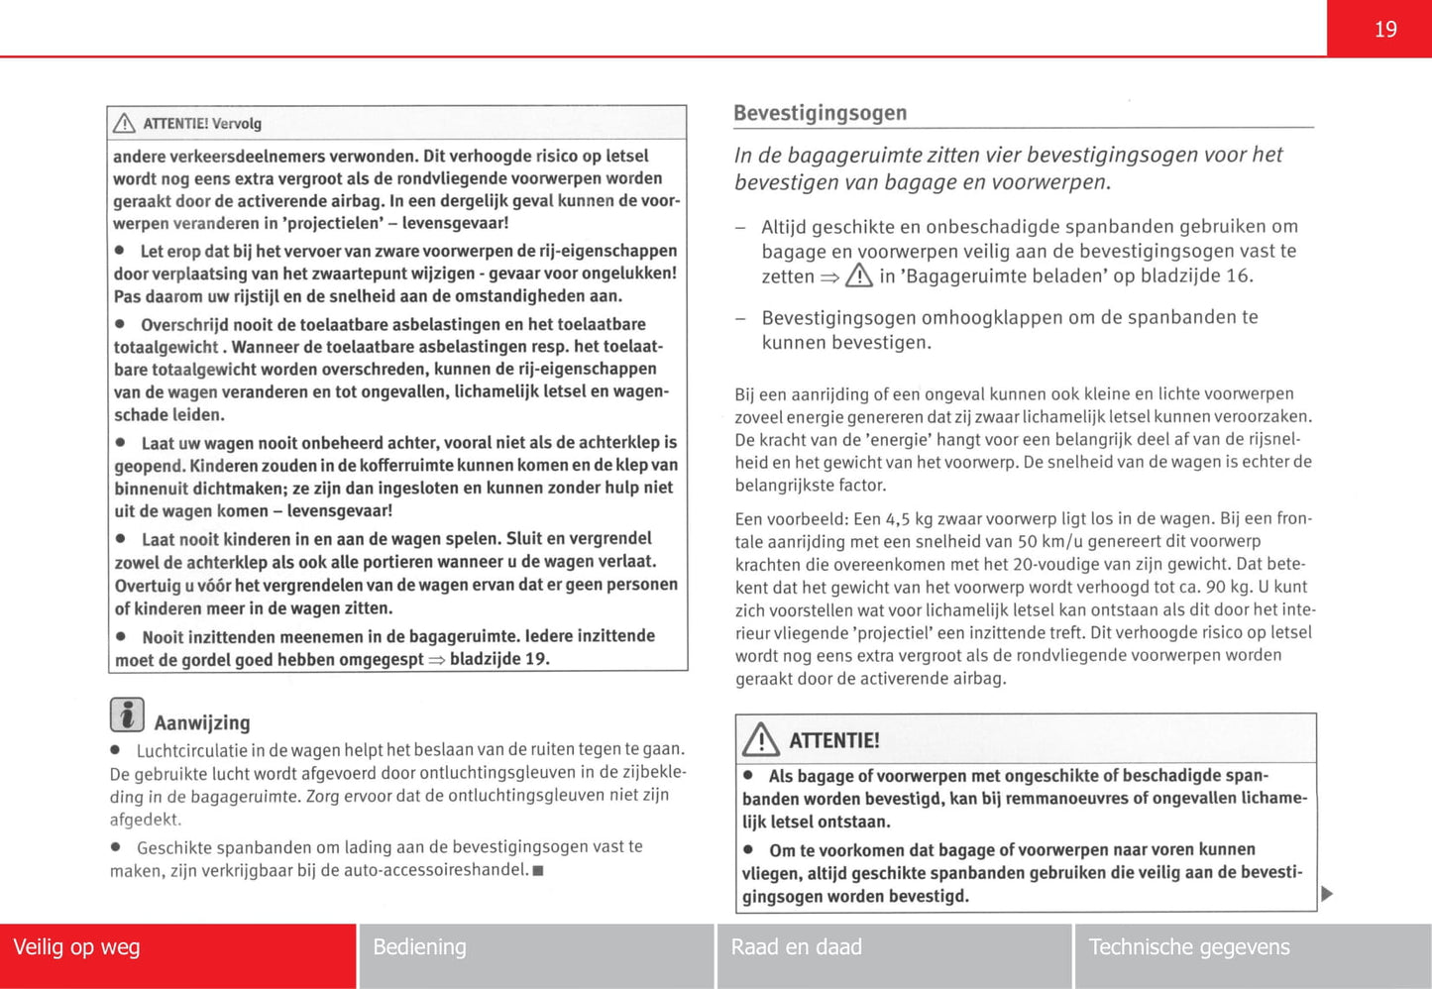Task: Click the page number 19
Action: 1384,30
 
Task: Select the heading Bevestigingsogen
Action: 820,113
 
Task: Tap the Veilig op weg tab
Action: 76,947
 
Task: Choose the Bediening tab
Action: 419,947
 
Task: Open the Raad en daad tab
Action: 796,947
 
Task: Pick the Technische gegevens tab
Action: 1188,947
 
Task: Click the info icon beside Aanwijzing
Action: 127,714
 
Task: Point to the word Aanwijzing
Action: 202,723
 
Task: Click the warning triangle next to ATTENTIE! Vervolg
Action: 124,123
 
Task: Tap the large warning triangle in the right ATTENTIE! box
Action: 761,739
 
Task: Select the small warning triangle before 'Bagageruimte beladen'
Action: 859,275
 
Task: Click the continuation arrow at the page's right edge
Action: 1327,894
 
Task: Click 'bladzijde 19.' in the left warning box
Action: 498,659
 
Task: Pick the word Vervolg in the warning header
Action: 237,124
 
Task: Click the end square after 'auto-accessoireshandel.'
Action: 538,871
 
